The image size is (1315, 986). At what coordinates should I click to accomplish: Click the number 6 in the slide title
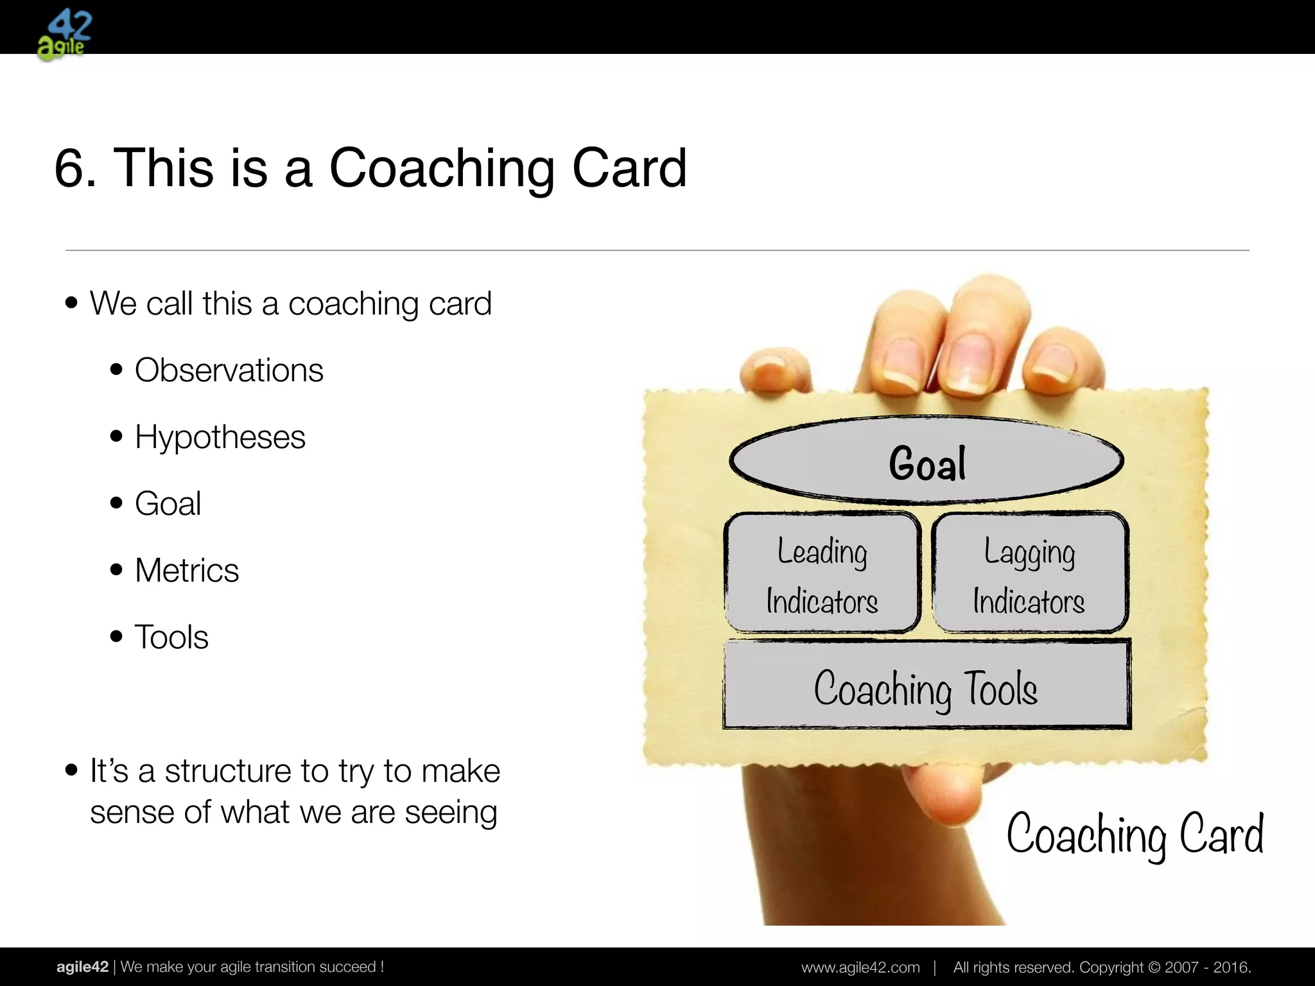tap(74, 168)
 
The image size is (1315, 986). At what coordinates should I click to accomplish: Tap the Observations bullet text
tap(229, 370)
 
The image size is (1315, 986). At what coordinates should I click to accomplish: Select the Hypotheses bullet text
tap(220, 437)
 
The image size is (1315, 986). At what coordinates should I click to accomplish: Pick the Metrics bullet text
tap(186, 570)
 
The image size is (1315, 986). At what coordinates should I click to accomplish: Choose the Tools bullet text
tap(171, 637)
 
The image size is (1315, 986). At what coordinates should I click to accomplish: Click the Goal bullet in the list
tap(168, 503)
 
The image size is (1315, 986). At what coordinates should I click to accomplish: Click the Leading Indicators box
tap(822, 573)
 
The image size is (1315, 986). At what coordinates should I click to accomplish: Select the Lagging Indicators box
tap(1029, 573)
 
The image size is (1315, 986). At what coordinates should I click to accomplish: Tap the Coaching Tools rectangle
tap(926, 685)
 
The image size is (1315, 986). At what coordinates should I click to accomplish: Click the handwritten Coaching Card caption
tap(1135, 834)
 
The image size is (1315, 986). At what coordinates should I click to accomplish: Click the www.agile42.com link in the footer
tap(860, 967)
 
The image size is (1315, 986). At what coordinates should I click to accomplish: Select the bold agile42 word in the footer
tap(82, 967)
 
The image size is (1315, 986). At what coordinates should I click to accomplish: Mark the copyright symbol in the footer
tap(1153, 967)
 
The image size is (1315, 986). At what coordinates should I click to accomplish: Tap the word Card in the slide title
tap(629, 168)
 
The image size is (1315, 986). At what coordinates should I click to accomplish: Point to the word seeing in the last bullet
tap(451, 813)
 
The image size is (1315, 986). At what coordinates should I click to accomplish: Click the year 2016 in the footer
tap(1231, 967)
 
